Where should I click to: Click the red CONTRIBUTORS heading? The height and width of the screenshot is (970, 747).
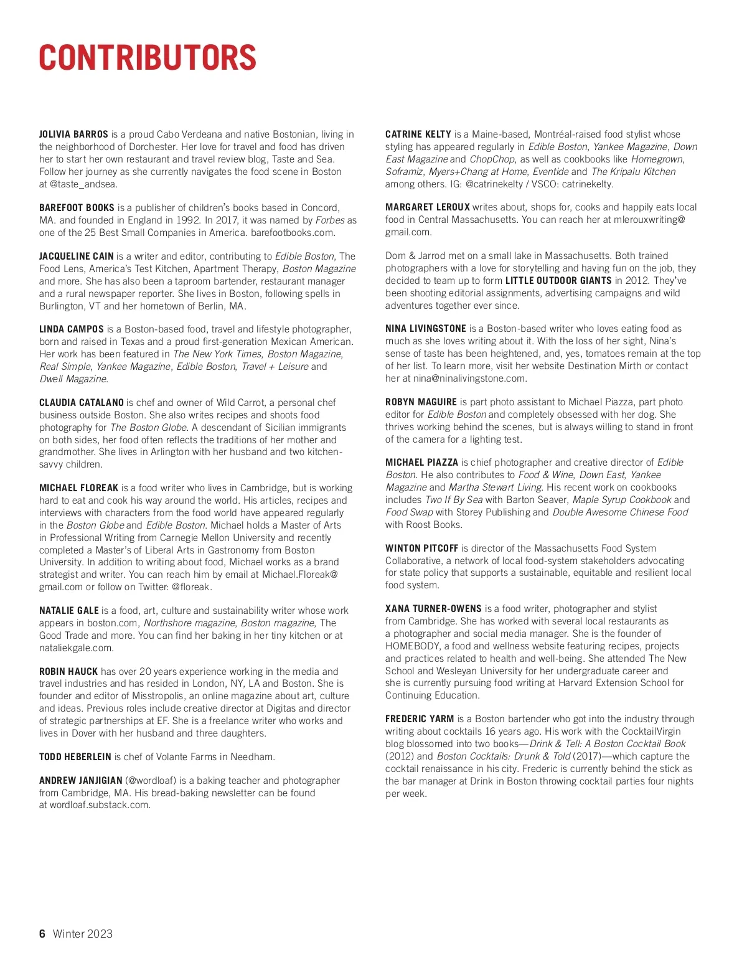tap(148, 58)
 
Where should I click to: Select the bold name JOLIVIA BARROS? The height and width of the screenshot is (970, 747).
tap(73, 134)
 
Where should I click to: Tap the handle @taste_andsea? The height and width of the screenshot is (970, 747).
tap(83, 184)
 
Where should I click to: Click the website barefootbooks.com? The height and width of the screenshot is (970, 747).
tap(293, 233)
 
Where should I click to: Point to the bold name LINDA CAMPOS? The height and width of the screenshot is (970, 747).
tap(72, 329)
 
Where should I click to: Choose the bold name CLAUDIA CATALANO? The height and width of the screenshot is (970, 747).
tap(82, 403)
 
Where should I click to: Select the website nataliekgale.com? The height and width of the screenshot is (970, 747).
tap(76, 648)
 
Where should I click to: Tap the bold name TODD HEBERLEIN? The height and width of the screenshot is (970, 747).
tap(75, 757)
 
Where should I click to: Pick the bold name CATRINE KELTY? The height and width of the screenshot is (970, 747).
tap(418, 134)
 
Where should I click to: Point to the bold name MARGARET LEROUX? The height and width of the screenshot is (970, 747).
tap(428, 207)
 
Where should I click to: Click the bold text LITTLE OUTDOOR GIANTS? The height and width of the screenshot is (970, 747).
tap(558, 281)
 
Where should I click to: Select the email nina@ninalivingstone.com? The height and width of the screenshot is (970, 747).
tap(464, 379)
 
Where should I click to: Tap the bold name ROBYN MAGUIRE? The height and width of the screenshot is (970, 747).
tap(421, 402)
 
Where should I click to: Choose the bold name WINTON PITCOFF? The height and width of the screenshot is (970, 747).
tap(422, 549)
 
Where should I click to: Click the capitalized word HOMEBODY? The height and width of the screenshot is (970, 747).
tap(413, 646)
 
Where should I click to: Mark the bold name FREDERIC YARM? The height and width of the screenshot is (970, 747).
tap(420, 719)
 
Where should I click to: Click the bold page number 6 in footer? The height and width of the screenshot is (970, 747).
tap(42, 934)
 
